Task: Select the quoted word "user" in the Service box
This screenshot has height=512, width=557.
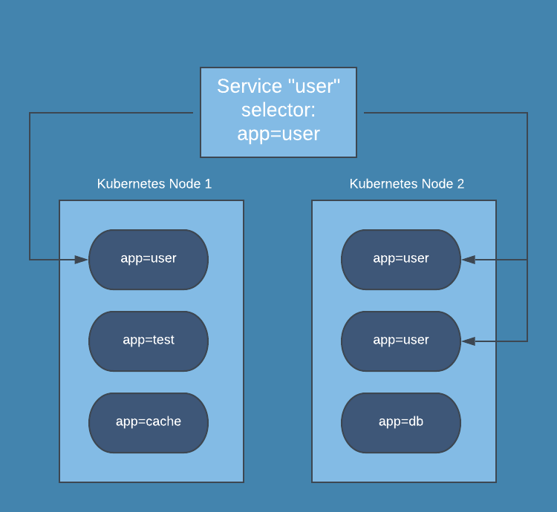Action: click(312, 86)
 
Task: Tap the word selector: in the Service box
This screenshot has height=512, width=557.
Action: click(278, 110)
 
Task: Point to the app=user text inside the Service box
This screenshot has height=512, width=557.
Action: click(278, 134)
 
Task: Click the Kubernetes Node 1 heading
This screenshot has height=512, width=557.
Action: click(154, 184)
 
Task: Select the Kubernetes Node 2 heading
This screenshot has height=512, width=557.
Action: click(407, 184)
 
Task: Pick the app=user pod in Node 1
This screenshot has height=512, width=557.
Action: click(149, 259)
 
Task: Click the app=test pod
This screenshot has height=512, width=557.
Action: click(149, 341)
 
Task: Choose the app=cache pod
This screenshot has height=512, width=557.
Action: click(149, 422)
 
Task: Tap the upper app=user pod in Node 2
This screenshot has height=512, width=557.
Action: click(401, 259)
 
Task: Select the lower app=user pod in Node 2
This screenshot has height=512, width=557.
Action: click(401, 341)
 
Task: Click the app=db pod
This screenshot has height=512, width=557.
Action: click(401, 422)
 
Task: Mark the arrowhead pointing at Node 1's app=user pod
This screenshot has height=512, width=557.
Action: click(82, 260)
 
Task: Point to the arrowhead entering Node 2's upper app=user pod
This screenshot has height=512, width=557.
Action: click(469, 260)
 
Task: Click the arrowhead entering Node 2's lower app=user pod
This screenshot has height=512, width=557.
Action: click(469, 341)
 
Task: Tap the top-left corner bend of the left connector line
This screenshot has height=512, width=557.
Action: click(30, 113)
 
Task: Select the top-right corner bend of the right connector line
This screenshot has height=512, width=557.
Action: click(527, 113)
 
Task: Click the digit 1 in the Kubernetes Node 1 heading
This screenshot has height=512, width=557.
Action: click(208, 184)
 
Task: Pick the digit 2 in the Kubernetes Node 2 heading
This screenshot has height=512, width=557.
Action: click(460, 184)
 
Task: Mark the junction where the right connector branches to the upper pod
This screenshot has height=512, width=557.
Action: click(527, 260)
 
